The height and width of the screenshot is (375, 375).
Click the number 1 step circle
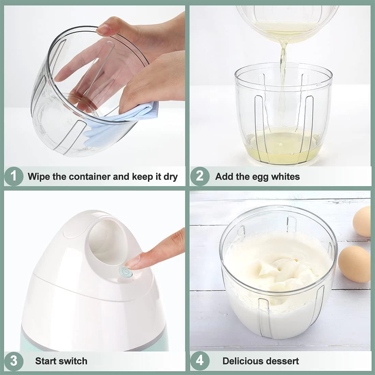(14, 177)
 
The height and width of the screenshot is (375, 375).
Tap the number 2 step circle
(200, 177)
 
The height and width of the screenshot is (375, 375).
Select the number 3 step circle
(14, 361)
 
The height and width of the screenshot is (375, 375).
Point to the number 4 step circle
(200, 361)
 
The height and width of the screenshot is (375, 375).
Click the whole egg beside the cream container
(354, 264)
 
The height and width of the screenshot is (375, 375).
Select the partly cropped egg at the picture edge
(362, 221)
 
